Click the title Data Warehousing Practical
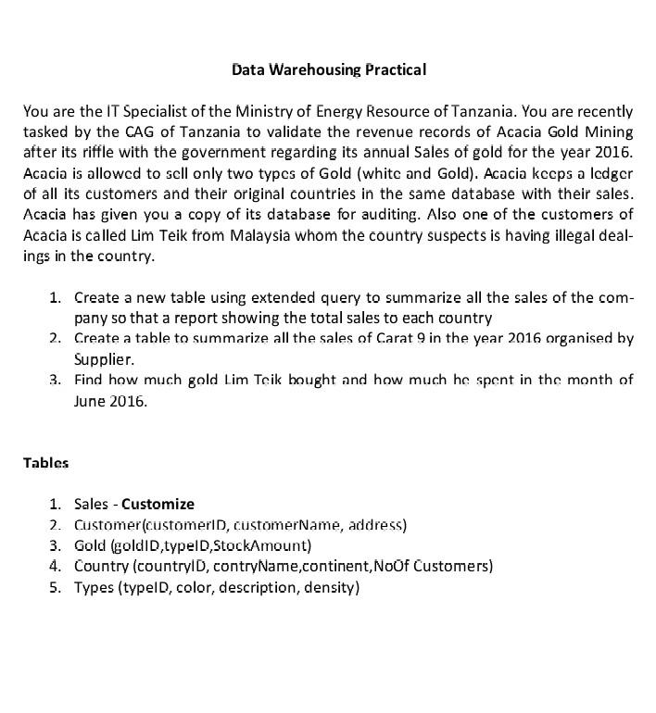[328, 69]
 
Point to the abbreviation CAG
[141, 132]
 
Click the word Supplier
[104, 358]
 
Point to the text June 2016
[110, 401]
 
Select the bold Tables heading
[45, 462]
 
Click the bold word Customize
[158, 505]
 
